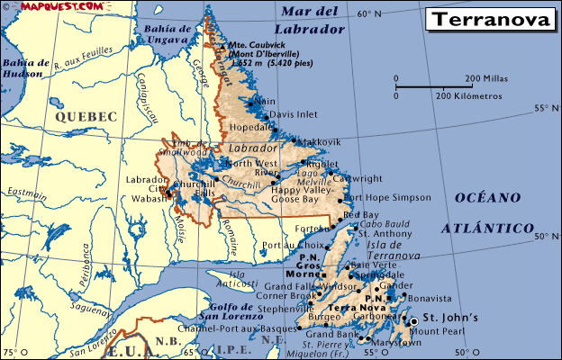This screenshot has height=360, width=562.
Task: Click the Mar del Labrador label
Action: click(313, 20)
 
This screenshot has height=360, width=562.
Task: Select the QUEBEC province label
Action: click(86, 117)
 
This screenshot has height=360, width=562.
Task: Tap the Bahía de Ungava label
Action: click(167, 32)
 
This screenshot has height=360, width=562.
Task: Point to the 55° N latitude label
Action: click(545, 109)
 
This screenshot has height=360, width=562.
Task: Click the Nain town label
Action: click(265, 102)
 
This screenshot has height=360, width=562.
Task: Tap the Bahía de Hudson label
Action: click(25, 68)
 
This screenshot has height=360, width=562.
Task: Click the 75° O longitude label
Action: click(10, 352)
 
